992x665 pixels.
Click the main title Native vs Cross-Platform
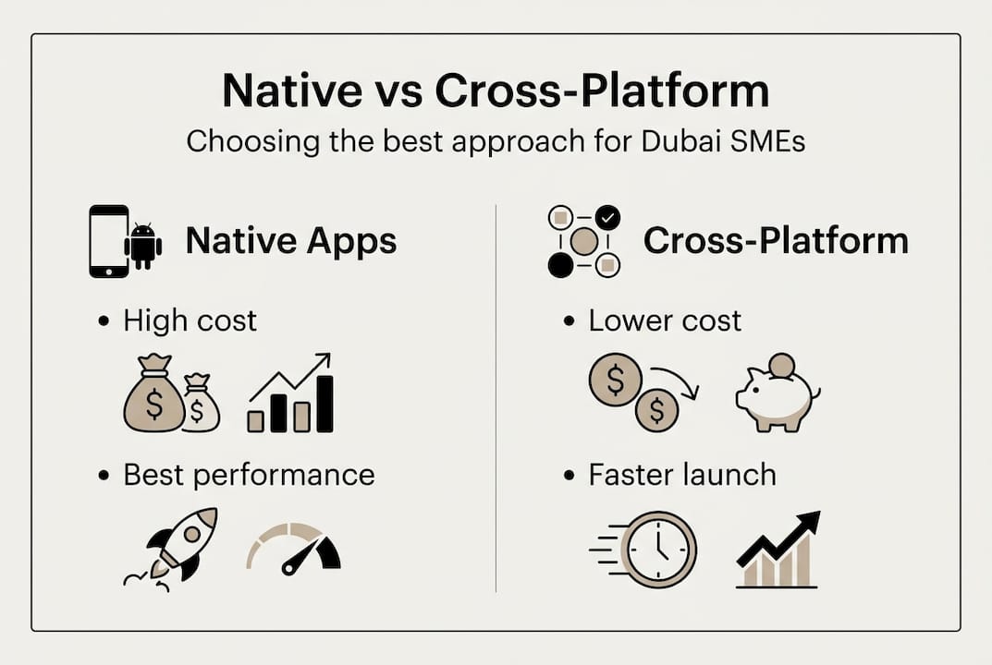pyautogui.click(x=496, y=91)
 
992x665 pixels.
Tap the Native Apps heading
pyautogui.click(x=291, y=241)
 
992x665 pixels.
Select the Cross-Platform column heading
pyautogui.click(x=776, y=241)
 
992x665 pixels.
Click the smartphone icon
pyautogui.click(x=108, y=241)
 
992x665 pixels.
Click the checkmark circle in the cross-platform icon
pyautogui.click(x=607, y=218)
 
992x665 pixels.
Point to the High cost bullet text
pyautogui.click(x=190, y=320)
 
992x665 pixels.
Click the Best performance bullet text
pyautogui.click(x=249, y=475)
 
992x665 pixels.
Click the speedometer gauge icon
pyautogui.click(x=294, y=549)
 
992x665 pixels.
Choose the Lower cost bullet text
pyautogui.click(x=665, y=320)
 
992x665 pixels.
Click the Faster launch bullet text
pyautogui.click(x=682, y=475)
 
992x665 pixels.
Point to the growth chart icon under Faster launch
pyautogui.click(x=778, y=551)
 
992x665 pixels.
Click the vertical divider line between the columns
pyautogui.click(x=496, y=397)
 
